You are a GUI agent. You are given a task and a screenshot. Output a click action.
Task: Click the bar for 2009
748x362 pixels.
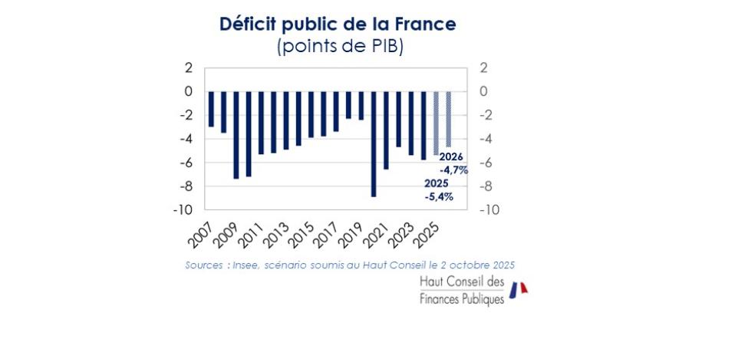(x=236, y=135)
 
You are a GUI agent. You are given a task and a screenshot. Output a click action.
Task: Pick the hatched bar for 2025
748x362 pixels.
(x=436, y=123)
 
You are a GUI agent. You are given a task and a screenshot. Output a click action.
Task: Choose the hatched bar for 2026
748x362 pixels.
(x=449, y=120)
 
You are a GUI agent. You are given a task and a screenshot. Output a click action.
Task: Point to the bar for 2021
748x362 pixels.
(x=386, y=130)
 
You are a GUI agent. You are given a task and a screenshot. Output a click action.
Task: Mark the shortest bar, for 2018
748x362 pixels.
(x=348, y=105)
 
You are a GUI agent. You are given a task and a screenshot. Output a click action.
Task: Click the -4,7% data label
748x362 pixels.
(x=453, y=170)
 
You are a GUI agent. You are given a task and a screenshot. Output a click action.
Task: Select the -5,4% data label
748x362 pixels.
(x=438, y=196)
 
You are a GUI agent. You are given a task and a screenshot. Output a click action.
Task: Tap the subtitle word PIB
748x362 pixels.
(x=386, y=46)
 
